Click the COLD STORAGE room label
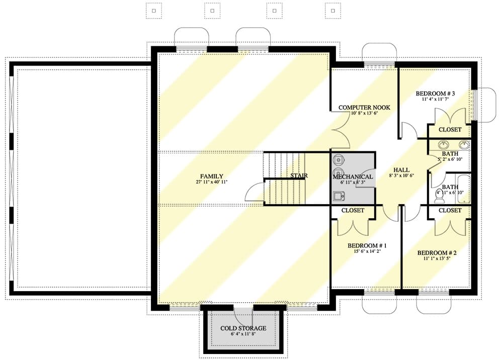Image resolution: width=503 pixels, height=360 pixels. click(243, 328)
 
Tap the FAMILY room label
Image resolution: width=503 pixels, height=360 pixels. click(211, 176)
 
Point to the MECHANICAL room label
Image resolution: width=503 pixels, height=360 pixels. click(353, 176)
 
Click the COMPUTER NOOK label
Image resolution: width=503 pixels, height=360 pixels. click(364, 108)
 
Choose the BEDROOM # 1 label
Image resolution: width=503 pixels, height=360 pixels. click(367, 246)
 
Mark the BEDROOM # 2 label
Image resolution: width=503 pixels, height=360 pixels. click(437, 253)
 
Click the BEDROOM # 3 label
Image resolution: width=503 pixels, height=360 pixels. click(435, 94)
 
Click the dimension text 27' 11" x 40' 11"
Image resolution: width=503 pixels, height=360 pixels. click(211, 183)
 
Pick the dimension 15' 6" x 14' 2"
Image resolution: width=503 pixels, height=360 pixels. click(367, 252)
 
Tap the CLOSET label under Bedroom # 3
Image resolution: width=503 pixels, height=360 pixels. click(450, 130)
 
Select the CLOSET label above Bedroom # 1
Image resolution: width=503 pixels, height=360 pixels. click(353, 210)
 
